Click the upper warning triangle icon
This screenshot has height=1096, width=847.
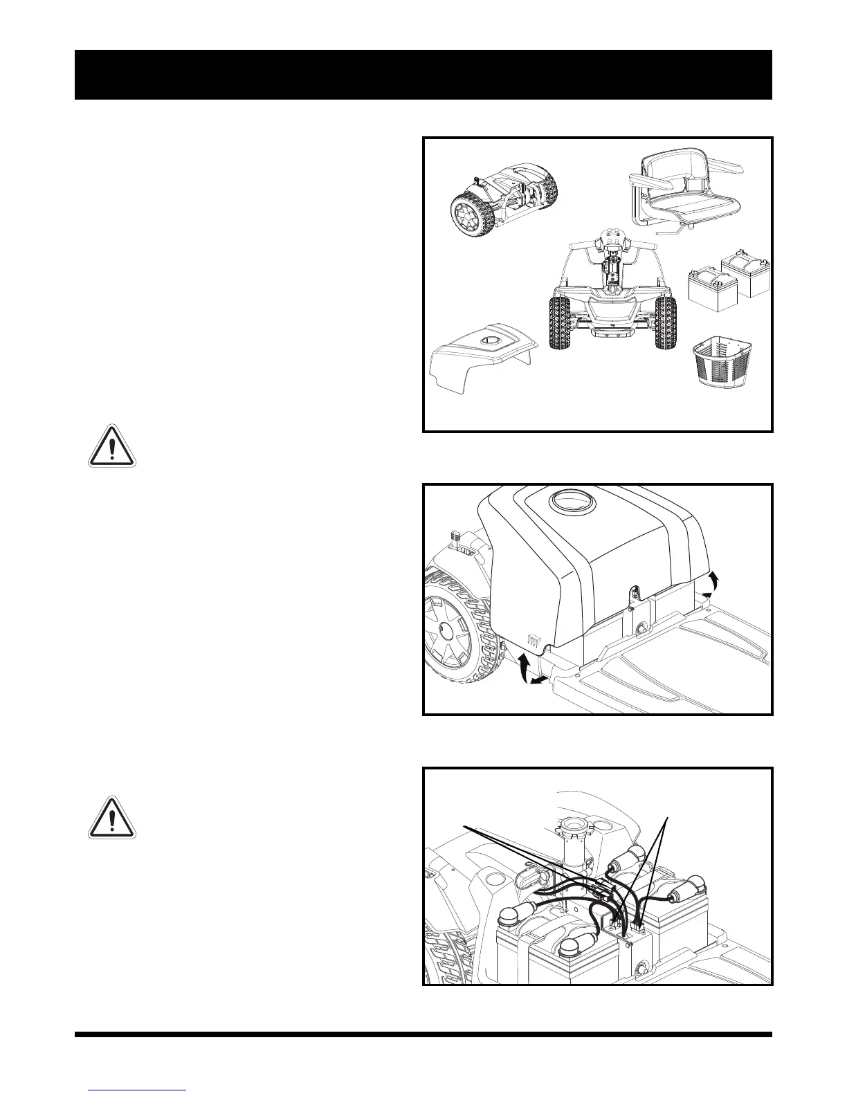coord(112,446)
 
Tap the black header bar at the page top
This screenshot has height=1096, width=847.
coord(423,75)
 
